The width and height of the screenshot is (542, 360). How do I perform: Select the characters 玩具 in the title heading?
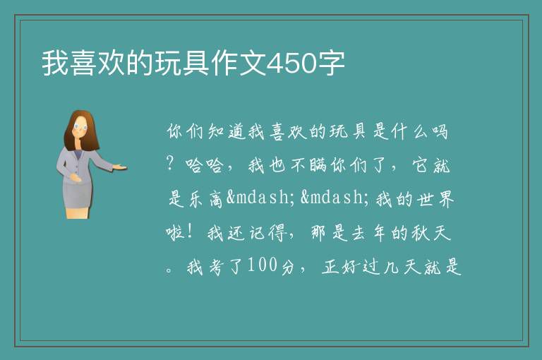[182, 64]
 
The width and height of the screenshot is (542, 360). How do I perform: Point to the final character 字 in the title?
[331, 64]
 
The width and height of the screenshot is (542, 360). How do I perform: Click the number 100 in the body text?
[263, 265]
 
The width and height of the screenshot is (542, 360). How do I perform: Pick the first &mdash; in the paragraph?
[260, 198]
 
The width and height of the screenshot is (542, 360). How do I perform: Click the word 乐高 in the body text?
[205, 199]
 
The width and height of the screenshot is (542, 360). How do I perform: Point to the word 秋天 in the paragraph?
[431, 232]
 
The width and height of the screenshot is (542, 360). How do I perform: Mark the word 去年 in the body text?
[369, 232]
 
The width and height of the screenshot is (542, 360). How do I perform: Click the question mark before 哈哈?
[169, 163]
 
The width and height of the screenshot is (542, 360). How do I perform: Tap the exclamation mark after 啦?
[189, 231]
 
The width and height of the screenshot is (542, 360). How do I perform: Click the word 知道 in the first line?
[227, 131]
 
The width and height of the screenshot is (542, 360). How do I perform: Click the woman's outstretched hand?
[120, 167]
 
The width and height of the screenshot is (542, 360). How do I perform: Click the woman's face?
[80, 128]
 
